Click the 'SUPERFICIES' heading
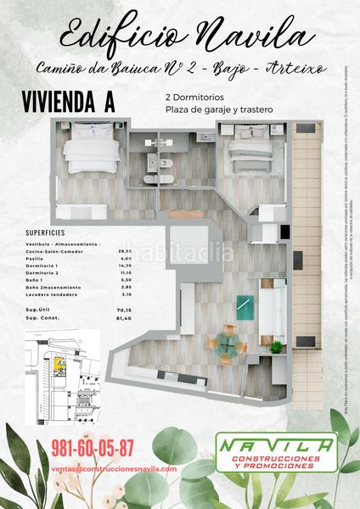pos(45,232)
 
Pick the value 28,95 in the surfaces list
pos(128,252)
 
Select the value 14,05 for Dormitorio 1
pos(128,266)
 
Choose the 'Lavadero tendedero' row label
pos(50,294)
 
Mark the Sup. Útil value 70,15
pos(128,311)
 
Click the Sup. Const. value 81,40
pos(128,318)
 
